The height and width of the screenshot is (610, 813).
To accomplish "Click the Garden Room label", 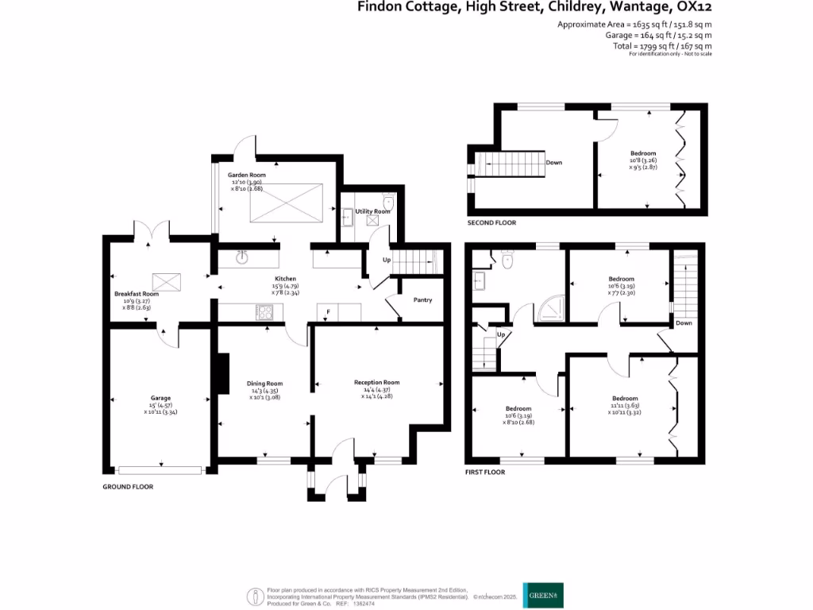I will pyautogui.click(x=247, y=175).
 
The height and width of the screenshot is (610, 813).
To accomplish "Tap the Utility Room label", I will pyautogui.click(x=372, y=211).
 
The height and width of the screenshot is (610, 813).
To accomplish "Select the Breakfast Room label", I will pyautogui.click(x=137, y=294).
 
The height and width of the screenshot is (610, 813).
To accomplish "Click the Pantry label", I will pyautogui.click(x=422, y=299).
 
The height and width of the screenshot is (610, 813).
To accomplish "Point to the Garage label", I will pyautogui.click(x=161, y=398).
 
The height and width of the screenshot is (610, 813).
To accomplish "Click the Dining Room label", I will pyautogui.click(x=264, y=383).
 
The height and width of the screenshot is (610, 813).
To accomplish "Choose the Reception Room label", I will pyautogui.click(x=376, y=382).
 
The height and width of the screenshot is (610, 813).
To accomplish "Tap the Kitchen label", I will pyautogui.click(x=285, y=279).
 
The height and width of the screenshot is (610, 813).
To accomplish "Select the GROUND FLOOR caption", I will pyautogui.click(x=128, y=486).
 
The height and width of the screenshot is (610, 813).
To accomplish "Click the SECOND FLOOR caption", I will pyautogui.click(x=491, y=223).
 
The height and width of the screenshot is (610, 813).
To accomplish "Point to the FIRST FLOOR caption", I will pyautogui.click(x=485, y=472).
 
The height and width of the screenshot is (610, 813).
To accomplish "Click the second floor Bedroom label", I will pyautogui.click(x=643, y=153).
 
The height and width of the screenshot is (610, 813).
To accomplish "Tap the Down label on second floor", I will pyautogui.click(x=554, y=163).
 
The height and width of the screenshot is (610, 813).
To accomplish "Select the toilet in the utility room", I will pyautogui.click(x=387, y=200).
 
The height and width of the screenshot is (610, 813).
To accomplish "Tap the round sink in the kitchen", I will pyautogui.click(x=244, y=256).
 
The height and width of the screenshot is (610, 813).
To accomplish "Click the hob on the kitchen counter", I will pyautogui.click(x=264, y=313).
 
